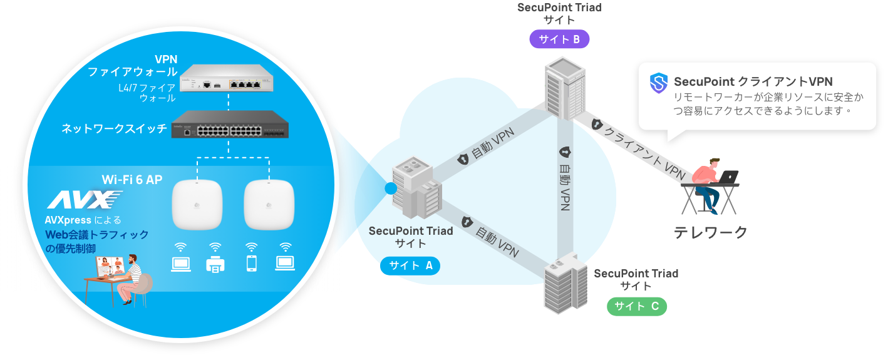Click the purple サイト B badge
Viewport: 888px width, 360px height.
click(x=559, y=39)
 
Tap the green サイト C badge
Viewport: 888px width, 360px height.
click(x=636, y=306)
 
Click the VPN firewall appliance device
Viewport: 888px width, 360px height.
click(x=228, y=78)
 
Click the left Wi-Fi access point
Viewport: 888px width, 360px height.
click(x=197, y=205)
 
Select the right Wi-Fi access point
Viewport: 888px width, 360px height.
click(x=269, y=205)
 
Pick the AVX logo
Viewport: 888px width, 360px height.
click(x=85, y=200)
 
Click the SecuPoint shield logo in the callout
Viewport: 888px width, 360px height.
click(x=659, y=82)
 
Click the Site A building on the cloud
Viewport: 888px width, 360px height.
click(x=415, y=185)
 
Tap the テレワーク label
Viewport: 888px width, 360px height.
click(x=711, y=233)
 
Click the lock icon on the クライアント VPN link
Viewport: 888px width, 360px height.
click(x=596, y=125)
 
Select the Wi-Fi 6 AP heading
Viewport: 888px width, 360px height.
click(x=132, y=180)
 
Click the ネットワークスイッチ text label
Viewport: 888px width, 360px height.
click(x=114, y=129)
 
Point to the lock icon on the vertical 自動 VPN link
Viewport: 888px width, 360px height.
click(x=564, y=152)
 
